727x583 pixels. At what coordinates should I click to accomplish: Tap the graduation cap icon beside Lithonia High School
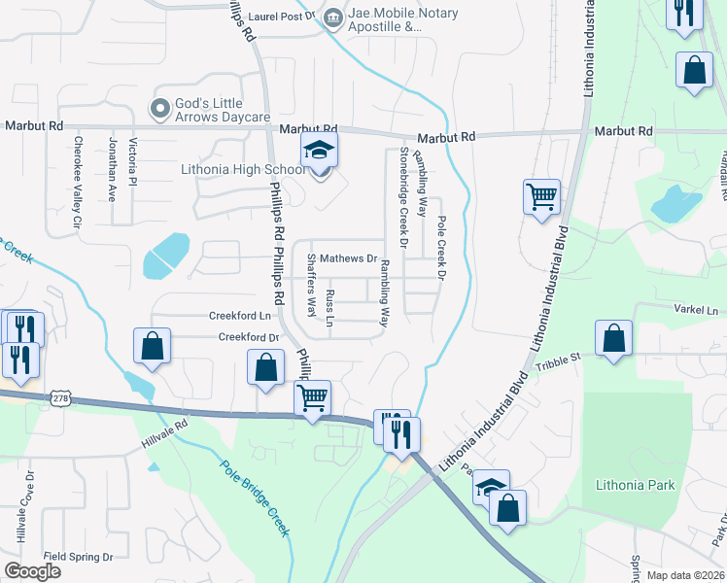(317, 154)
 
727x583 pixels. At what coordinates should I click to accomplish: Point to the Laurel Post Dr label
(283, 17)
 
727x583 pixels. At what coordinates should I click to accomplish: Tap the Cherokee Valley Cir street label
(77, 182)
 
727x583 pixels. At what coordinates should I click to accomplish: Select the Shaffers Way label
(311, 285)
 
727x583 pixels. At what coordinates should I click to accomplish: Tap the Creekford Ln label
(239, 316)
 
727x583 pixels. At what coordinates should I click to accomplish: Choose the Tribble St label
(560, 359)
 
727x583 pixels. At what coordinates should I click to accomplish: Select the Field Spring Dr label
(79, 557)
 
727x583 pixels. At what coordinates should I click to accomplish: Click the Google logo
(32, 571)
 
